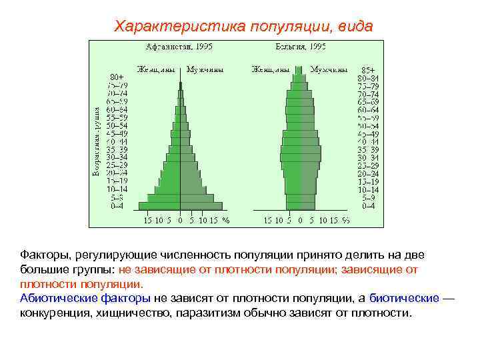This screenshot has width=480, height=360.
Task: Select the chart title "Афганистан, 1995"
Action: point(180,47)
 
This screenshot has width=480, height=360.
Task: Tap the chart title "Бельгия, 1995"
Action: point(301,47)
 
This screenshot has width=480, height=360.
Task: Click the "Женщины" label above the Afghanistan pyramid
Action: point(157,69)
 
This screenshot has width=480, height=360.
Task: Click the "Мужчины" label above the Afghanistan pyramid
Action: point(205,69)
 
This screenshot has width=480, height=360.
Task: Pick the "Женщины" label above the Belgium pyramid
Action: point(271,69)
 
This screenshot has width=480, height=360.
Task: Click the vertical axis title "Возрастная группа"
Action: point(97,141)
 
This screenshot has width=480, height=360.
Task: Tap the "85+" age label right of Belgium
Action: point(367,69)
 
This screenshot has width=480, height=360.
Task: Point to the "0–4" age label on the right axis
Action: point(367,206)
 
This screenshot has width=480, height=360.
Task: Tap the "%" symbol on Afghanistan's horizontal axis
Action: point(225,220)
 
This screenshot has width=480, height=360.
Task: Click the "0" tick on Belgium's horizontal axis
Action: point(300,220)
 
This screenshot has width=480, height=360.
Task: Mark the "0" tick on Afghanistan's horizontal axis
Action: point(180,220)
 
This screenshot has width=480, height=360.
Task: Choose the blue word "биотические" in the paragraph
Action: point(404,297)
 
